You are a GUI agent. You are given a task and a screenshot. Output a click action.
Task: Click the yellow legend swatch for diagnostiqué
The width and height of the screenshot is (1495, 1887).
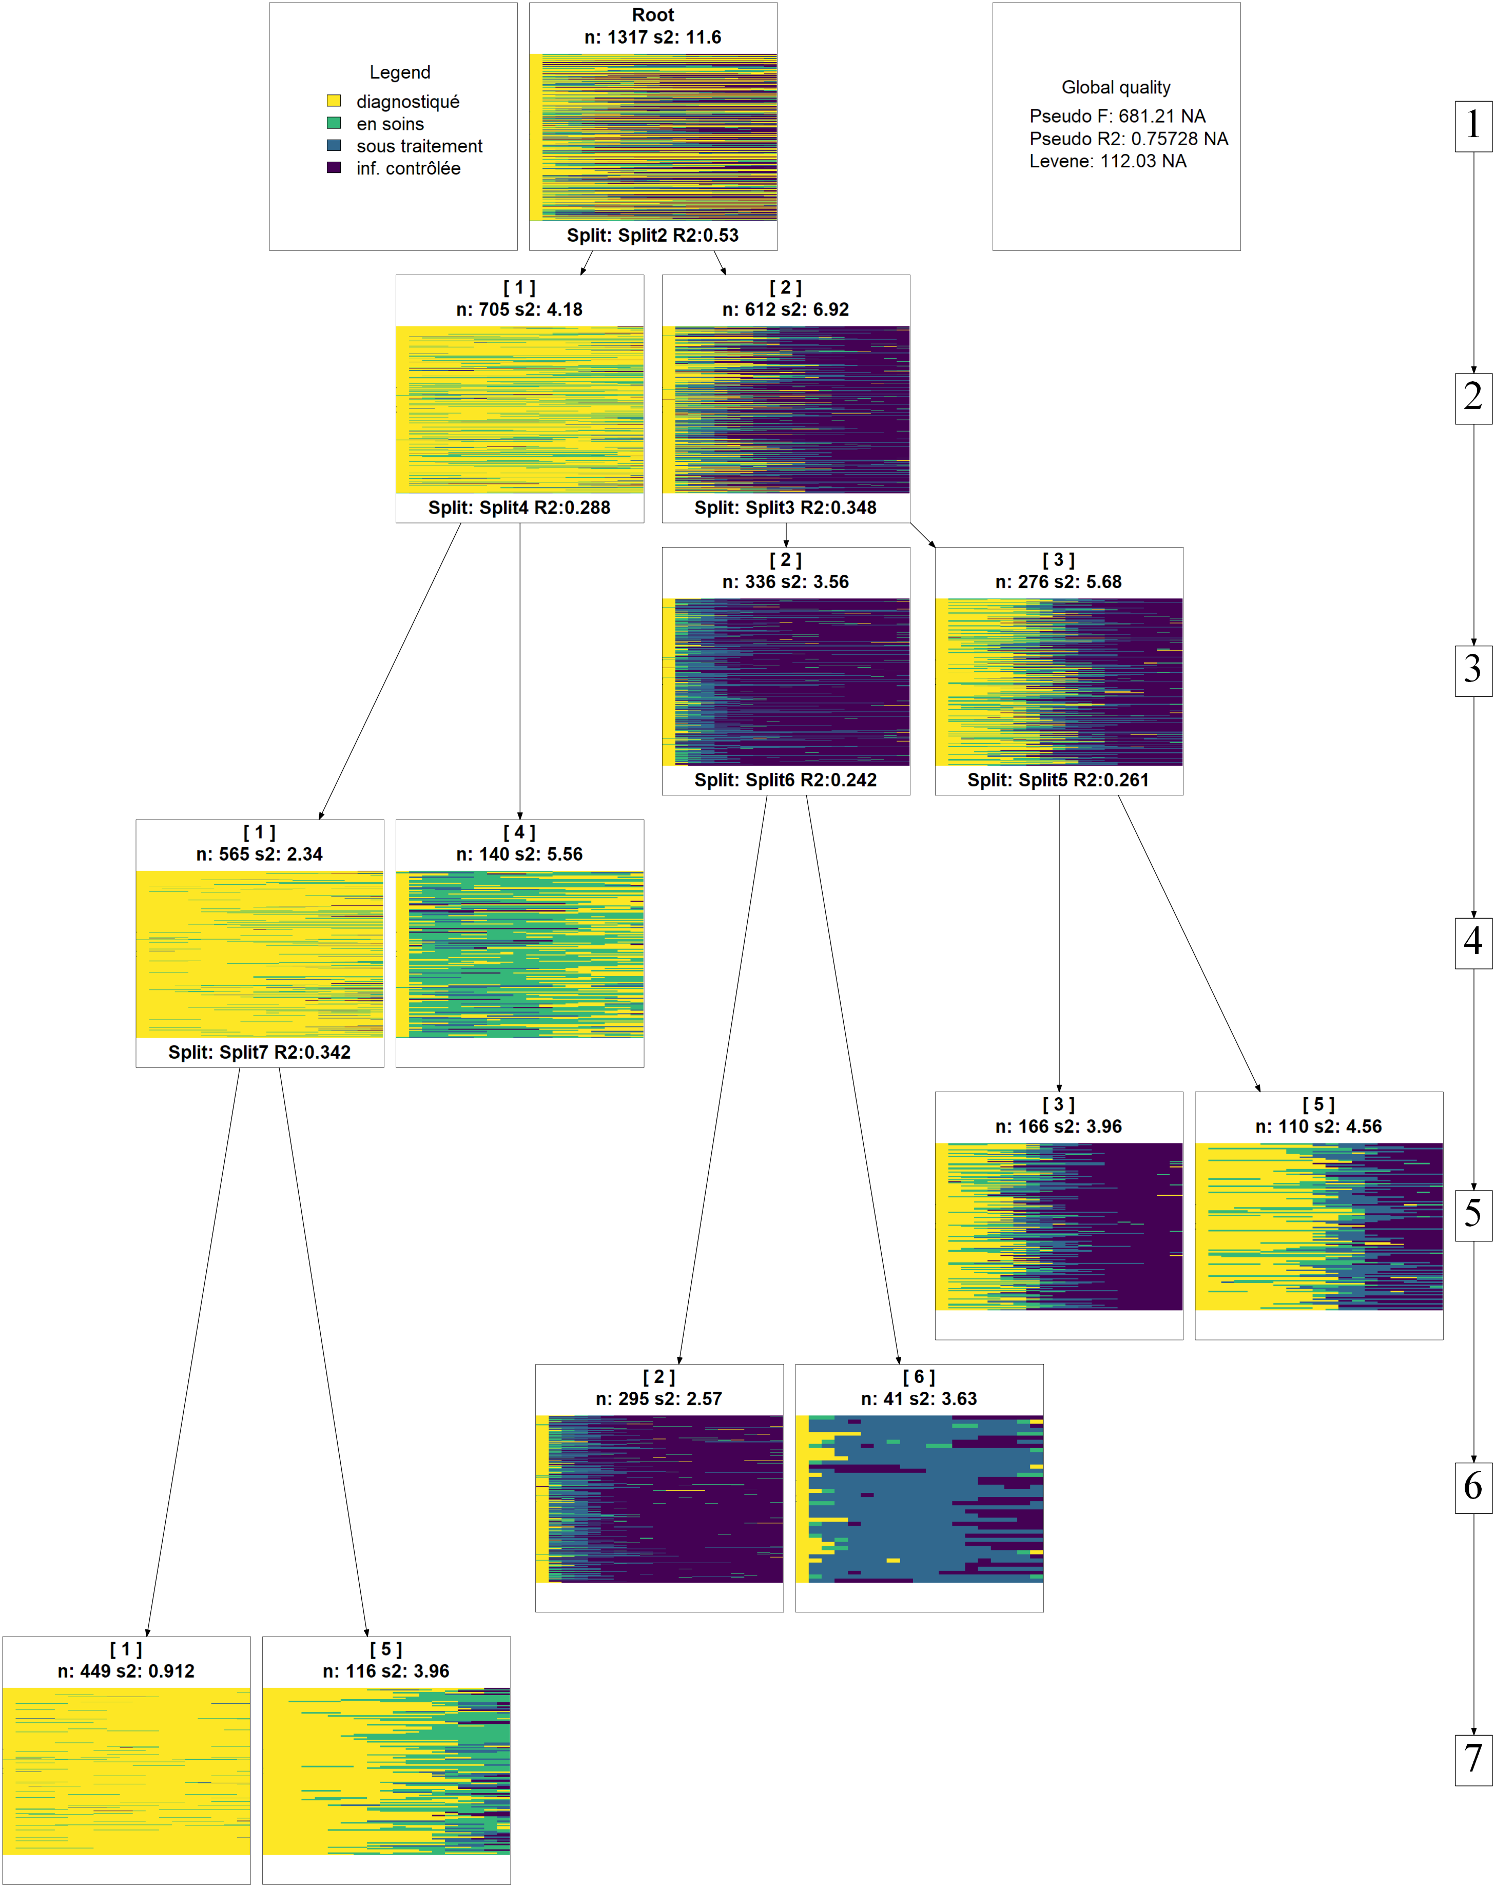click(x=334, y=101)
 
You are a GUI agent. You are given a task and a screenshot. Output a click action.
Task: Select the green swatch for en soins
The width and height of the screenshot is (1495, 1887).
click(x=334, y=123)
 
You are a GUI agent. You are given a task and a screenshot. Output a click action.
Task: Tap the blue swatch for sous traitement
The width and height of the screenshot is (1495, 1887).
click(x=334, y=145)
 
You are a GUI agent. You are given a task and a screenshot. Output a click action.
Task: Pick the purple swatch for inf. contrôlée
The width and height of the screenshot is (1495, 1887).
click(x=334, y=167)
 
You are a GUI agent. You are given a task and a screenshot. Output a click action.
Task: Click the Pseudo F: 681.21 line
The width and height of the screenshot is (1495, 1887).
click(x=1117, y=116)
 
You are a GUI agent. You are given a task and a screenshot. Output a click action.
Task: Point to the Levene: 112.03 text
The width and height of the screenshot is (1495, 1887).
click(x=1107, y=161)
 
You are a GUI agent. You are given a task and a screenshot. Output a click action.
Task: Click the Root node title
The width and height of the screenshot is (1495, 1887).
click(x=653, y=15)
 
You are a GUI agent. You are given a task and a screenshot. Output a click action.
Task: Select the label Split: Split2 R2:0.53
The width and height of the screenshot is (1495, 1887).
click(x=653, y=236)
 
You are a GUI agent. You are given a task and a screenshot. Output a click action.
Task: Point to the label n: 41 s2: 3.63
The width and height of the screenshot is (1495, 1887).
click(x=919, y=1398)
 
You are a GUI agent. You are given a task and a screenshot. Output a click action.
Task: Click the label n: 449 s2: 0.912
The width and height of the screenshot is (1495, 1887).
click(x=126, y=1671)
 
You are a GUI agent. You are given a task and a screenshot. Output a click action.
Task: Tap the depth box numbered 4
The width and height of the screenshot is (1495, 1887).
click(x=1473, y=942)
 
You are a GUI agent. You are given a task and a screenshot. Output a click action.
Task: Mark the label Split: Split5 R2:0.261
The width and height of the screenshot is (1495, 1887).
click(x=1058, y=780)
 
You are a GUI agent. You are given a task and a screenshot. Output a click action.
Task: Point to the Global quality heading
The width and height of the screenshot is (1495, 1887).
click(x=1116, y=88)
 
